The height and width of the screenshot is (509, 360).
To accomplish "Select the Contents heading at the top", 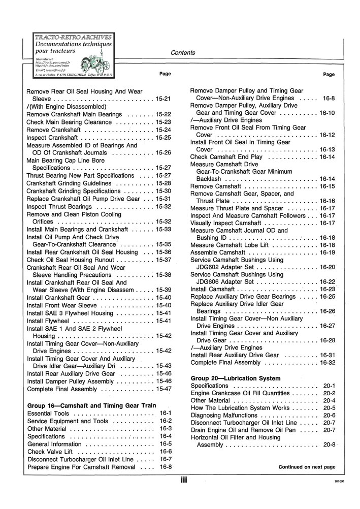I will coord(183,53).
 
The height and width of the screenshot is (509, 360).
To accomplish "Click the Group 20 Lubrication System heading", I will coord(235,378).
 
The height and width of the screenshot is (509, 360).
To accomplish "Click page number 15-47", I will coord(163,389).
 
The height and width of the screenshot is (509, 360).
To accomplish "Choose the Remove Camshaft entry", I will coord(215,186).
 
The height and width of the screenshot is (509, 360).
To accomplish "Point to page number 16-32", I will coord(328,363).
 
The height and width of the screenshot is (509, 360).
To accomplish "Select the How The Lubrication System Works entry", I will coord(238,408).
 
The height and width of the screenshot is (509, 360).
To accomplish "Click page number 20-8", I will coord(329,445).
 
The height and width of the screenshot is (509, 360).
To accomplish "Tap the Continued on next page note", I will coord(307,467).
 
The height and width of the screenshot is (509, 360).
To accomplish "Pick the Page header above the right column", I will coord(329,74).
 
